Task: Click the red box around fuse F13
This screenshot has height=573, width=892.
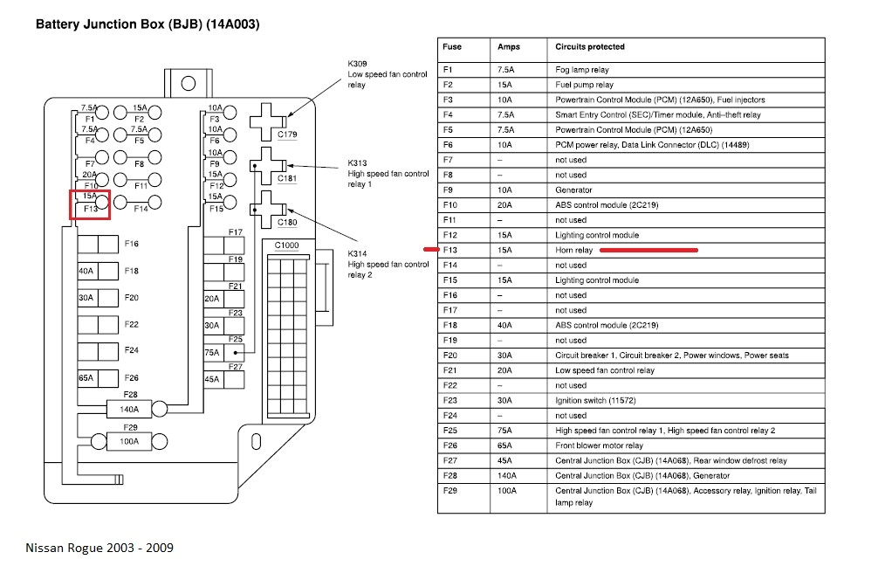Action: click(90, 204)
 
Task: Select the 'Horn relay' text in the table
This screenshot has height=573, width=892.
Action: click(573, 251)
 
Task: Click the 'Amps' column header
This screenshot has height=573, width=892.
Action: click(508, 47)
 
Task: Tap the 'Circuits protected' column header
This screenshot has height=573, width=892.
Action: click(590, 47)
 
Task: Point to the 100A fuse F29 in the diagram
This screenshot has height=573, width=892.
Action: click(127, 441)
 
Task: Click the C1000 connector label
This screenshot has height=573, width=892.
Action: click(286, 245)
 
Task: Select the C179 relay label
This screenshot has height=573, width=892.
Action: click(287, 135)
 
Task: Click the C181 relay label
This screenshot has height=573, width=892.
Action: click(287, 178)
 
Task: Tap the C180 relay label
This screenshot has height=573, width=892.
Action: click(287, 223)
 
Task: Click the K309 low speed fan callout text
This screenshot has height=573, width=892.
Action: click(387, 74)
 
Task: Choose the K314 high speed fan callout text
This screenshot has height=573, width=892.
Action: click(387, 264)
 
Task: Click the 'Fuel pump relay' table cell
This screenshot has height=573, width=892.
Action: click(584, 86)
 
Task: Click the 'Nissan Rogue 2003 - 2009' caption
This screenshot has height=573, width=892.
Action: click(99, 548)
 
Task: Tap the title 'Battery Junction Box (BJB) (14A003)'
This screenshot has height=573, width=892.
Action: click(147, 24)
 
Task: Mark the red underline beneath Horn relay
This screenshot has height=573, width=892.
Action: click(648, 251)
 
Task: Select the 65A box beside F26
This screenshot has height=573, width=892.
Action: click(87, 378)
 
